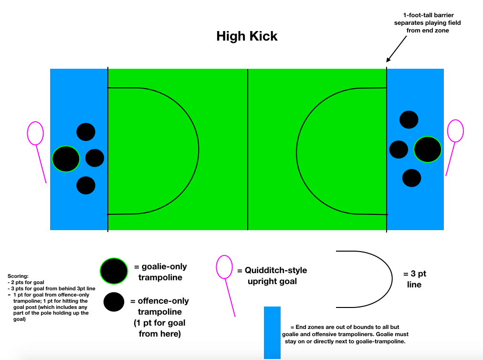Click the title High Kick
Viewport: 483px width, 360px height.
point(247,36)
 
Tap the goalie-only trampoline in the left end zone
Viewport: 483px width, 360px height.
point(66,159)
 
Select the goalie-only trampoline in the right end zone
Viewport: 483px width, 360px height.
point(428,149)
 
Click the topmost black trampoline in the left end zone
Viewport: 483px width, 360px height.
point(86,132)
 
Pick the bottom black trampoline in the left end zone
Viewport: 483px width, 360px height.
point(86,185)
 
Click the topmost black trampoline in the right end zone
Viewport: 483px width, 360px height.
point(409,119)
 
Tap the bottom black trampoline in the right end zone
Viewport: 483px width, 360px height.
point(411,178)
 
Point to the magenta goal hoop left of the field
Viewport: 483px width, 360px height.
point(35,133)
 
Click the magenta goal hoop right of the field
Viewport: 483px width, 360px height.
point(455,130)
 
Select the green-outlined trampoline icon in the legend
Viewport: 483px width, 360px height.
point(114,271)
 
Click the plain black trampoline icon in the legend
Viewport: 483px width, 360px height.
point(114,302)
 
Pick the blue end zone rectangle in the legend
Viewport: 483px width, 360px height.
point(272,332)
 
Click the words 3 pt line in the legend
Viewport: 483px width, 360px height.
point(414,279)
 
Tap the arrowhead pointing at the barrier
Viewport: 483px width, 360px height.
point(388,60)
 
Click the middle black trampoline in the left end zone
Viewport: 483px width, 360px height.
point(94,158)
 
